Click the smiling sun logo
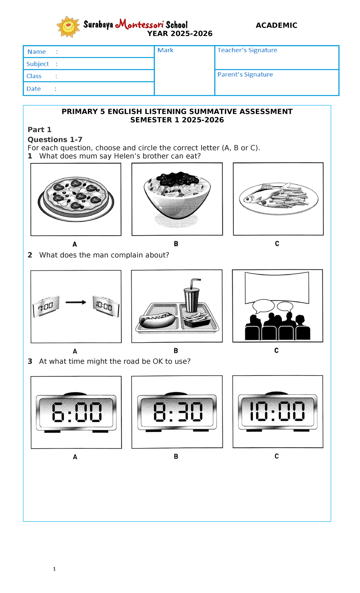tap(68, 27)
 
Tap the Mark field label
tap(165, 50)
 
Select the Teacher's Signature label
tap(247, 50)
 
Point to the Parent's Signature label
tap(245, 74)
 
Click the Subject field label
tap(37, 64)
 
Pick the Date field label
tap(34, 89)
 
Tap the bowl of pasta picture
tap(177, 195)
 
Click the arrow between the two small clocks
tap(76, 303)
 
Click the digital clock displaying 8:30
tap(177, 412)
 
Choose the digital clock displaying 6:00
tap(76, 412)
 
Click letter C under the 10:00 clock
tap(277, 456)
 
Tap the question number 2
tap(30, 255)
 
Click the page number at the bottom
tap(54, 569)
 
